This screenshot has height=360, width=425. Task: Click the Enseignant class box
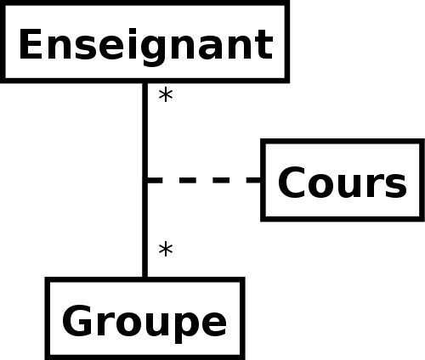point(144,42)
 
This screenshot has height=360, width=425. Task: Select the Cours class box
point(343,180)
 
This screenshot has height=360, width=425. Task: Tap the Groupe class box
point(144,318)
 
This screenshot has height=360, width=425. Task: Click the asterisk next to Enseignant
point(166,95)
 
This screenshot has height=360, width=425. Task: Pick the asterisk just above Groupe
point(166,250)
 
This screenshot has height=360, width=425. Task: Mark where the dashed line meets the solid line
point(144,180)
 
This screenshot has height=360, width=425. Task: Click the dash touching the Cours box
point(253,180)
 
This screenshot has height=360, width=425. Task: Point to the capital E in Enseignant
point(31,44)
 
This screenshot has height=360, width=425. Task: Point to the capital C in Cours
point(292,183)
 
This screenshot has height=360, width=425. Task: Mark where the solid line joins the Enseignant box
point(144,83)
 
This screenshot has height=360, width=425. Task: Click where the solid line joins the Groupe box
point(144,278)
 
